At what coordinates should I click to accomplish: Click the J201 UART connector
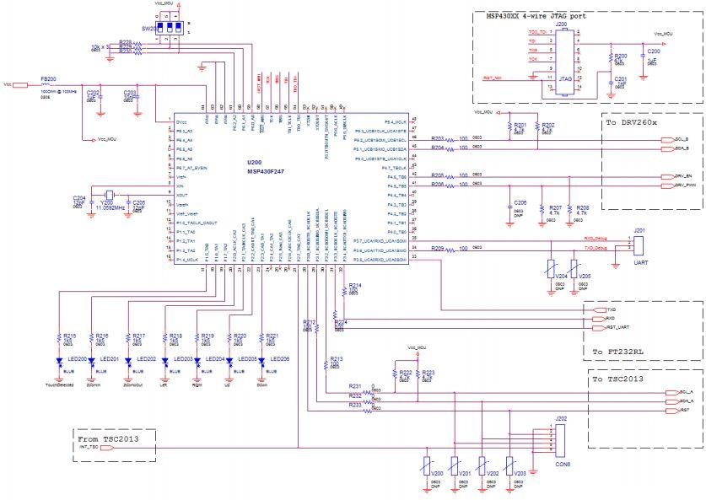pyautogui.click(x=639, y=246)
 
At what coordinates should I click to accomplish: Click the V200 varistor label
pyautogui.click(x=436, y=474)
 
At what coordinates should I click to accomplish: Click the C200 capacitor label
pyautogui.click(x=652, y=51)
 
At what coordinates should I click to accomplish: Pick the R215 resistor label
pyautogui.click(x=70, y=335)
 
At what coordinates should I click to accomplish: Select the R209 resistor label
pyautogui.click(x=437, y=249)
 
